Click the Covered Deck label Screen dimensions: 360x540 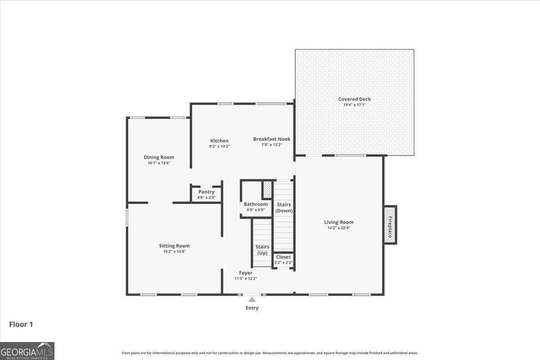355,99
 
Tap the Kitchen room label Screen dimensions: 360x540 219,141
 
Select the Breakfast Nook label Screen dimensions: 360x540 271,139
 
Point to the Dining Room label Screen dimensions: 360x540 159,157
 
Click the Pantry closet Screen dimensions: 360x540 206,194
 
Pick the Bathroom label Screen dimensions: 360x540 256,204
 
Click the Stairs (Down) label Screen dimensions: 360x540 283,207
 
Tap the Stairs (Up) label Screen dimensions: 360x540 262,250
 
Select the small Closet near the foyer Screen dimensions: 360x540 283,260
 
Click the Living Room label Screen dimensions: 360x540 339,222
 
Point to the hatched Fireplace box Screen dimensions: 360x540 390,225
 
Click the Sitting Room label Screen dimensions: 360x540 174,246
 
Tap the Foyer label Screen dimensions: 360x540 246,273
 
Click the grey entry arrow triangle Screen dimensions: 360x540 252,300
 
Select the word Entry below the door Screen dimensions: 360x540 252,308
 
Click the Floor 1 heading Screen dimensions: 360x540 21,324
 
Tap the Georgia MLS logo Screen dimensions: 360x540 27,351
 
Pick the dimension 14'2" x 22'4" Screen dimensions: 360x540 339,228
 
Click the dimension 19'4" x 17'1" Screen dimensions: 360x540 355,105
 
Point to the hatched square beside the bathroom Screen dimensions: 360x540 267,189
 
